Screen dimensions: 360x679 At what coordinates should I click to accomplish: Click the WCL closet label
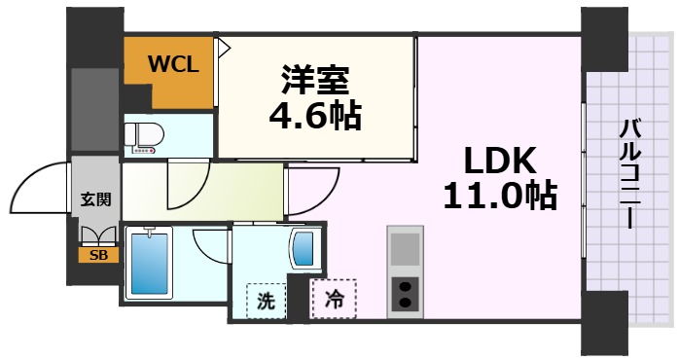(173, 65)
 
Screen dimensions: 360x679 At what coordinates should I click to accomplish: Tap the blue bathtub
(151, 264)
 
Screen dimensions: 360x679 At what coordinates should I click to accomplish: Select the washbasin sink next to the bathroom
(304, 249)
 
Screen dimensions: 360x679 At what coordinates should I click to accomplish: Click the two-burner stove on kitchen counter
(405, 292)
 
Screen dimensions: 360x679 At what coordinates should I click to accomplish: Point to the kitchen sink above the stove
(405, 251)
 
